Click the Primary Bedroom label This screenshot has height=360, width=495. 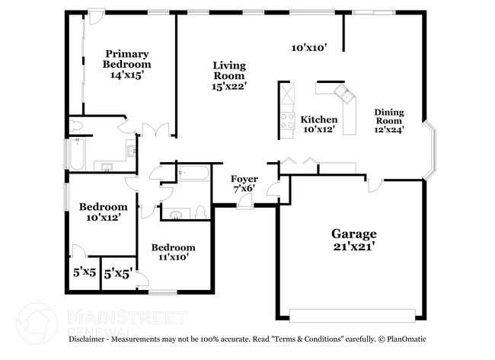click(x=127, y=64)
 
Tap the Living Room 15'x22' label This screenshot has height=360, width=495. click(x=228, y=76)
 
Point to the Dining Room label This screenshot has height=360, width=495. click(x=388, y=120)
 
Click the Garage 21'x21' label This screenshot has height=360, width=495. click(x=353, y=240)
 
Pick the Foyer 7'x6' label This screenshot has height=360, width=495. click(x=244, y=183)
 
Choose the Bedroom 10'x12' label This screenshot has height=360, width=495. click(x=104, y=212)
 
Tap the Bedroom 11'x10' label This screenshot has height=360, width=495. click(x=173, y=252)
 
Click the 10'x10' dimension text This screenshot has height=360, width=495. click(x=309, y=47)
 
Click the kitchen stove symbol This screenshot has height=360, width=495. click(x=288, y=119)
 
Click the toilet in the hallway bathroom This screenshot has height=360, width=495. click(x=200, y=212)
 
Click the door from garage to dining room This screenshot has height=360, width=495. click(x=375, y=185)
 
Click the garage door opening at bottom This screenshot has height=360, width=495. click(x=353, y=315)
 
